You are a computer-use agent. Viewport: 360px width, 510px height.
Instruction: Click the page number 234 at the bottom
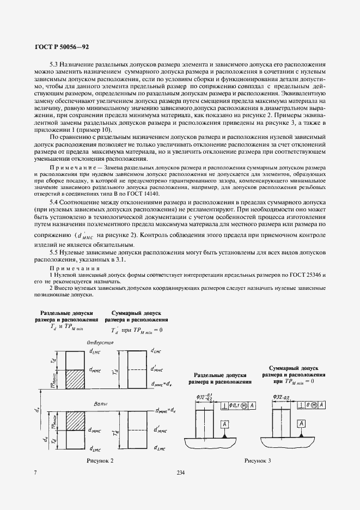pyautogui.click(x=181, y=472)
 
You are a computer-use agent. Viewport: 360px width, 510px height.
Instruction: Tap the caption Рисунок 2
pyautogui.click(x=100, y=461)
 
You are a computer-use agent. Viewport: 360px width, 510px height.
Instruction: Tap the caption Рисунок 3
pyautogui.click(x=258, y=461)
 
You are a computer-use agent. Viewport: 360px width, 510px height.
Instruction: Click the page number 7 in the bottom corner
pyautogui.click(x=35, y=472)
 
